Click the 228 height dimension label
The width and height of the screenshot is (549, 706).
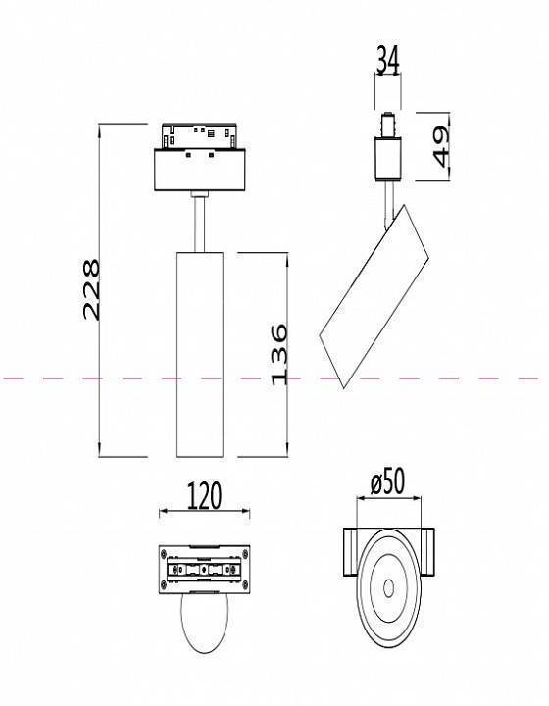pos(91,289)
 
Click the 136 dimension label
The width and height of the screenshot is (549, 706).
pos(279,354)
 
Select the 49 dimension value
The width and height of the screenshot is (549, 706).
pos(440,147)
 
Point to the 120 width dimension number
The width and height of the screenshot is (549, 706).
pos(203,496)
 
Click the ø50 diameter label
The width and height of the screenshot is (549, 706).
pos(388,481)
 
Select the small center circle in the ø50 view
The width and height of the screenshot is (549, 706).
pos(389,588)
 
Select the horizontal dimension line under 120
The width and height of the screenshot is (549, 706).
pos(203,512)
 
